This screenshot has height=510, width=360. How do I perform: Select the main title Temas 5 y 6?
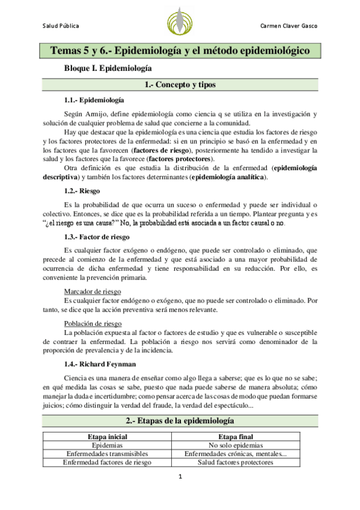coord(180,51)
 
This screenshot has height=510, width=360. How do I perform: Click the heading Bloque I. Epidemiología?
coord(108,69)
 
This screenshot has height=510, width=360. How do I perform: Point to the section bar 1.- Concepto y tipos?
coord(180,85)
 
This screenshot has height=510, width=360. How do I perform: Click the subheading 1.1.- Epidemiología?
coord(94,99)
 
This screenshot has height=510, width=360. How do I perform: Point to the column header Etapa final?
coord(236,437)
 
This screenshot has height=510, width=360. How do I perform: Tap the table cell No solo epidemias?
coord(236,445)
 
